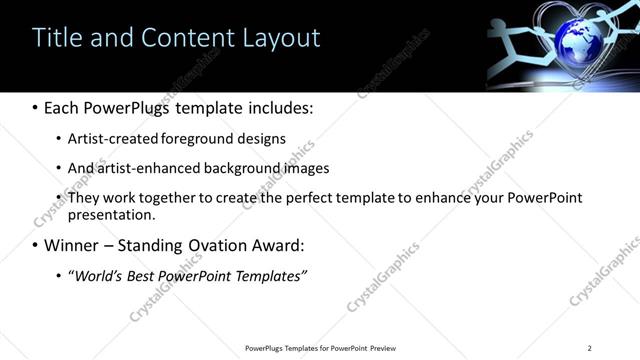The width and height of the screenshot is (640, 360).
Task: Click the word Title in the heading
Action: coord(56,38)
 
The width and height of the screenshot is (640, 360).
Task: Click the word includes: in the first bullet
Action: coord(281,107)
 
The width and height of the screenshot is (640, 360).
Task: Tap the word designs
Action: coord(262,139)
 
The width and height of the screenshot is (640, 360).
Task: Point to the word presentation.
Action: coord(111,215)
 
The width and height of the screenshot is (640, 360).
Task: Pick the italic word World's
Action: coord(98,275)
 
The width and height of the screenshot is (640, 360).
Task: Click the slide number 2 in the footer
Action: coord(589,348)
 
